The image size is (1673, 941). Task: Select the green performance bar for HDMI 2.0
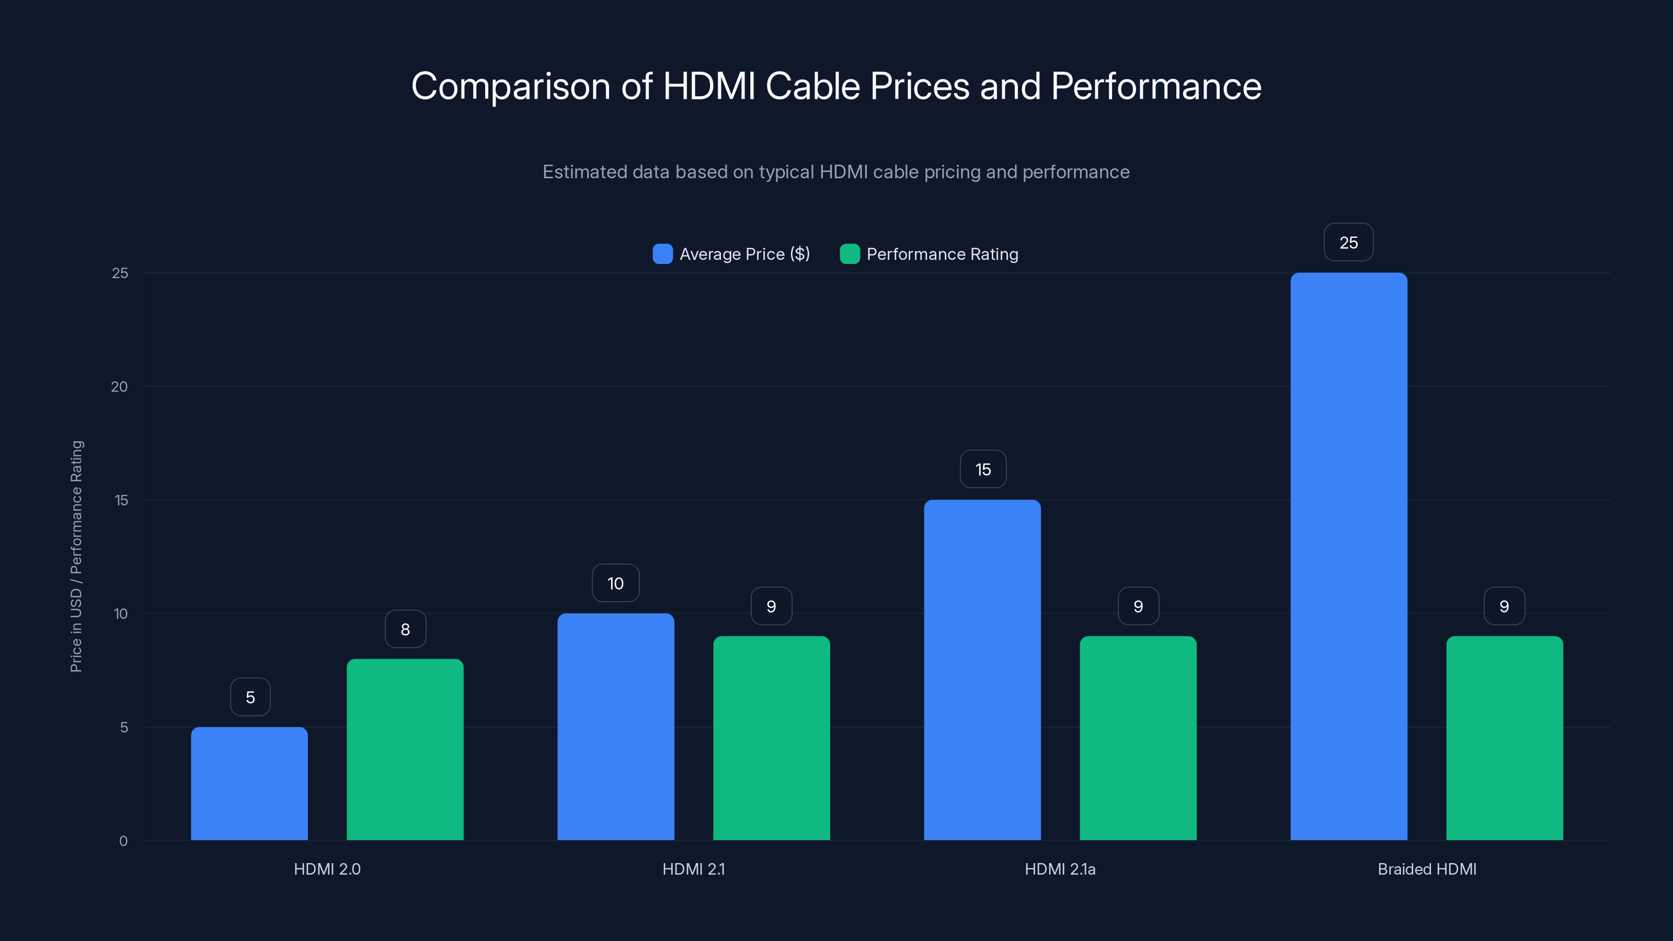405,750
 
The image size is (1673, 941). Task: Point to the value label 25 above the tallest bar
1348,242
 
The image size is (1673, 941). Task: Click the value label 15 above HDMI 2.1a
983,469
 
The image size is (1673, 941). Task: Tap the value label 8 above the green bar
405,628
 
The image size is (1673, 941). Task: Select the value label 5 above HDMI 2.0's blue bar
250,697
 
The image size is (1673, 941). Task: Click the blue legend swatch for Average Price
662,254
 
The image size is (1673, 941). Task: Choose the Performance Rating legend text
942,254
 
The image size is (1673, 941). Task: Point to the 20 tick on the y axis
120,386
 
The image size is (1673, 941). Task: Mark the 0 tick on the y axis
123,840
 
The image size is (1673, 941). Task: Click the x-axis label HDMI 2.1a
1060,869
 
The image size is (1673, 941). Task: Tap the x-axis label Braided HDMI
1427,869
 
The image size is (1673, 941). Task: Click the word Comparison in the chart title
510,86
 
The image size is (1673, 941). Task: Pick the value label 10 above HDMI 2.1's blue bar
615,583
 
